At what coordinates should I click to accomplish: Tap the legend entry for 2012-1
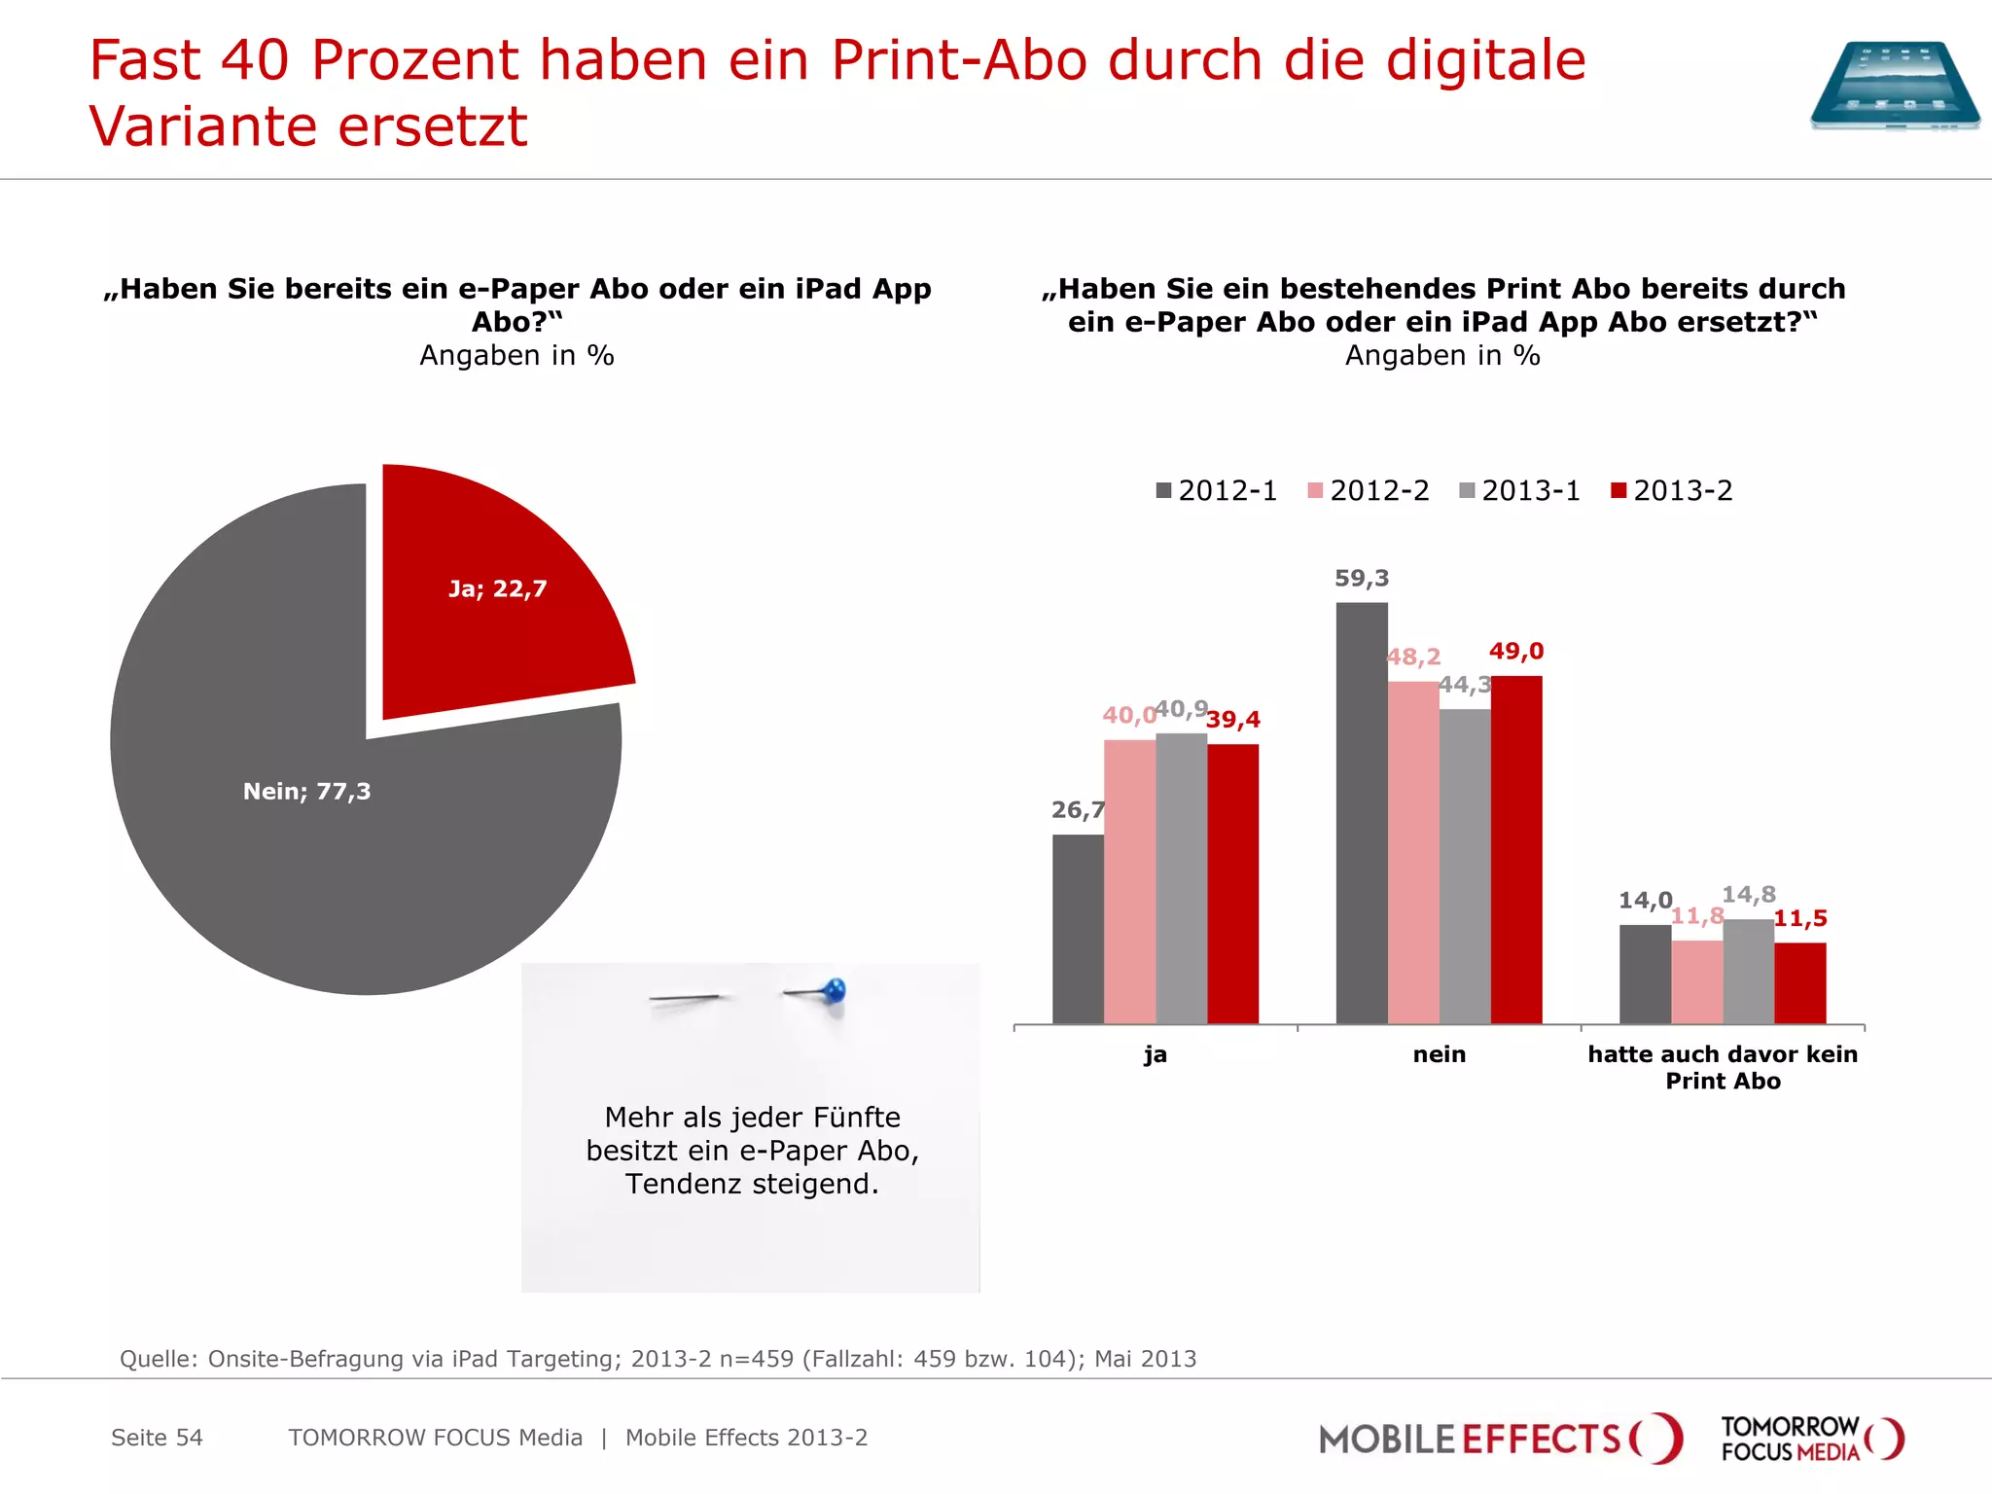(x=1216, y=490)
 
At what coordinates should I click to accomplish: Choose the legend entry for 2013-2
(x=1671, y=490)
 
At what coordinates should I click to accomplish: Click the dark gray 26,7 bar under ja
(x=1078, y=929)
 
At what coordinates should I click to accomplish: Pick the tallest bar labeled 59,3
(x=1362, y=812)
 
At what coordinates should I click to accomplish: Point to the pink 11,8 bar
(x=1697, y=981)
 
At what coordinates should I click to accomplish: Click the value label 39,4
(x=1233, y=720)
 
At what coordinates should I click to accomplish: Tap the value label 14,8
(x=1749, y=894)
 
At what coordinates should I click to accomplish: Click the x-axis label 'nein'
(x=1439, y=1054)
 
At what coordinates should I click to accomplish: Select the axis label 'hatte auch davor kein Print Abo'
(x=1723, y=1067)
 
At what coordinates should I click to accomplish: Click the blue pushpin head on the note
(x=835, y=991)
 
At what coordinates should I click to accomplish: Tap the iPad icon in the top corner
(x=1894, y=86)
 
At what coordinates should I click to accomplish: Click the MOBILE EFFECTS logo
(x=1499, y=1439)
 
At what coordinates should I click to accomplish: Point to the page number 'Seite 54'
(x=157, y=1438)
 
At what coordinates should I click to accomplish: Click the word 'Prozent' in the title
(x=413, y=60)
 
